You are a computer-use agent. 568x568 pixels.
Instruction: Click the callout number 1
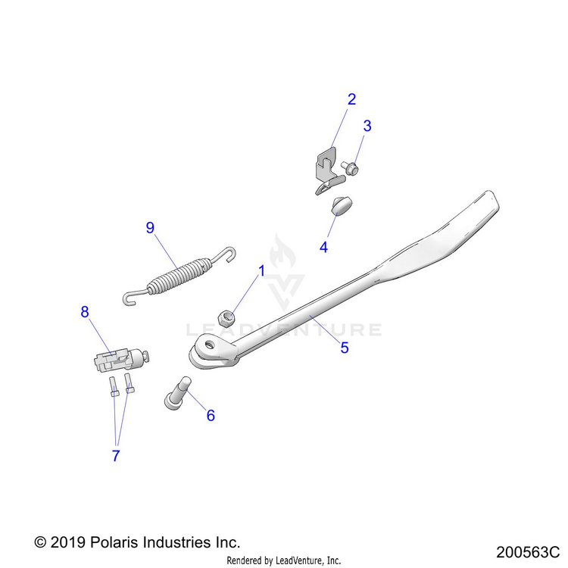261,270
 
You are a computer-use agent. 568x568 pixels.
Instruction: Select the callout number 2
351,99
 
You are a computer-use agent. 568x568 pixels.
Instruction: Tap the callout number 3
367,126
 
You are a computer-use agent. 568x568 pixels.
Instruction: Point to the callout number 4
323,248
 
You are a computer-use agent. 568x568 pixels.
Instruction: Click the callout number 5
345,348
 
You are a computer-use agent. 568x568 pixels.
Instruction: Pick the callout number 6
211,415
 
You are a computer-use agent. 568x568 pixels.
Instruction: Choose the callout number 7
116,456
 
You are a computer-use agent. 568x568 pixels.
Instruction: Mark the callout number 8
84,311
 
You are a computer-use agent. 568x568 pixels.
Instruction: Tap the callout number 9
150,227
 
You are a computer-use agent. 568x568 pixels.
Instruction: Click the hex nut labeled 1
226,318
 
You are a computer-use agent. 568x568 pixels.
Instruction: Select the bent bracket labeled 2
329,170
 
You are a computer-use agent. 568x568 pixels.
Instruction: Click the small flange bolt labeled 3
350,168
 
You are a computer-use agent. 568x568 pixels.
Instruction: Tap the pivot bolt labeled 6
177,393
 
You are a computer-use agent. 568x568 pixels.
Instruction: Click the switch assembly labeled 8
121,360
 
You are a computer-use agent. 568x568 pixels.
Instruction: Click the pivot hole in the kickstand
209,344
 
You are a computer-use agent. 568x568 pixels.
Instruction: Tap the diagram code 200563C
528,552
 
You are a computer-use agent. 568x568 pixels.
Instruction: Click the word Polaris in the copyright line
114,542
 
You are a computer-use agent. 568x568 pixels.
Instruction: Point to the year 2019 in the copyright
67,543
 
